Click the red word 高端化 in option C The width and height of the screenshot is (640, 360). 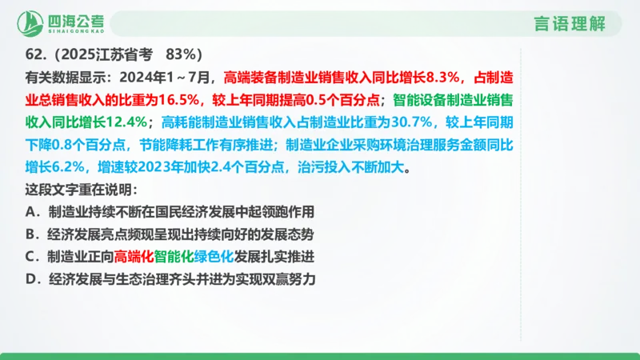pyautogui.click(x=133, y=257)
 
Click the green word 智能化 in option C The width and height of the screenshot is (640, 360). pyautogui.click(x=174, y=257)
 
